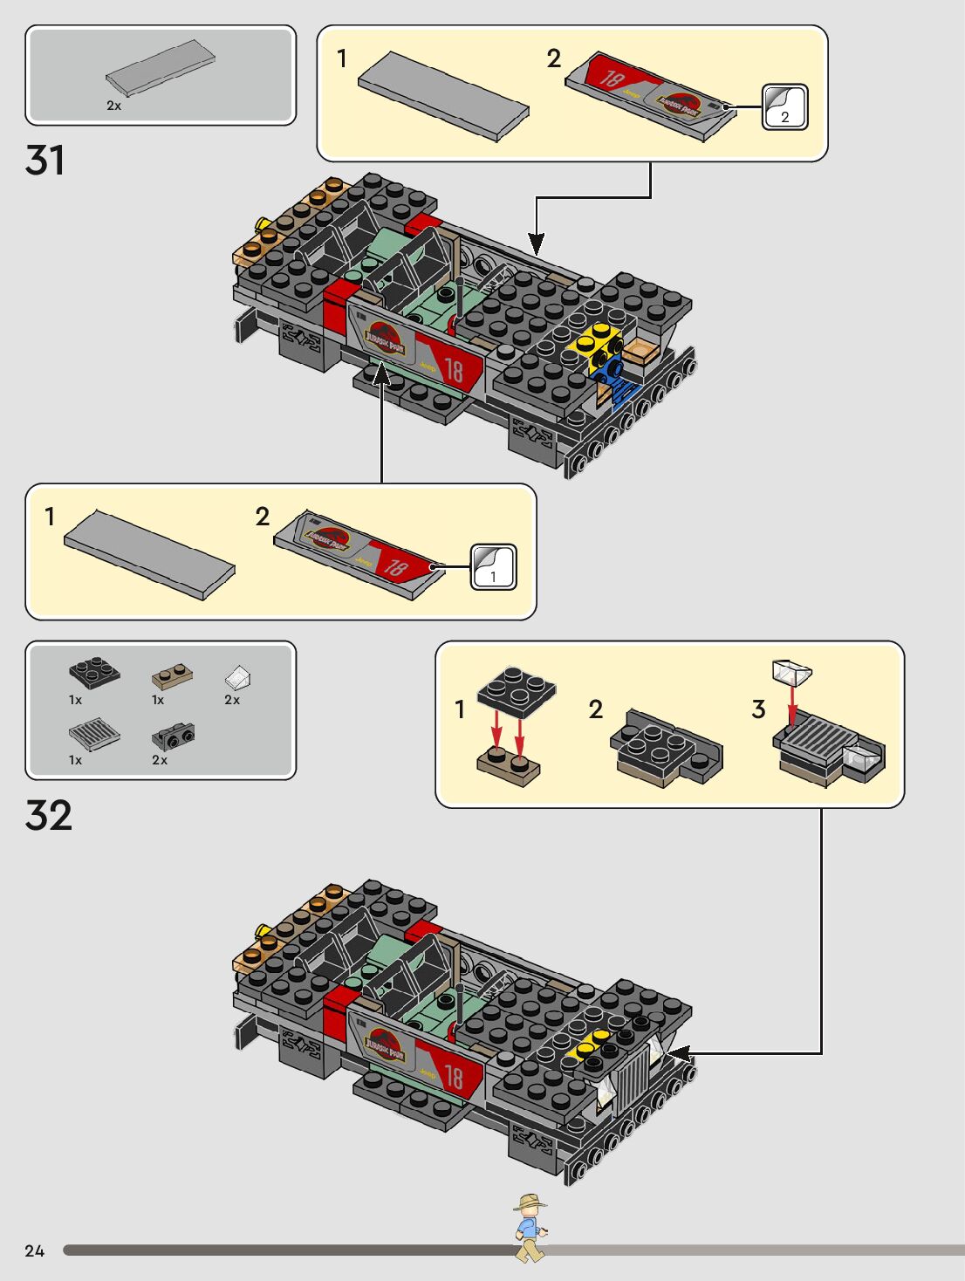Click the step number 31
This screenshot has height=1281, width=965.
point(45,161)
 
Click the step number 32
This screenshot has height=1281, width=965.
point(49,816)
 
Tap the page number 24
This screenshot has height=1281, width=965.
point(34,1250)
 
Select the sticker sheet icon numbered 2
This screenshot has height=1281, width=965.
point(784,107)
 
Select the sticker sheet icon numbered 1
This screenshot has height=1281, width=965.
point(493,567)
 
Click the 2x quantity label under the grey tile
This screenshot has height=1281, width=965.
point(113,106)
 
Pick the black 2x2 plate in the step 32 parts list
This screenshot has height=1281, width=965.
point(94,672)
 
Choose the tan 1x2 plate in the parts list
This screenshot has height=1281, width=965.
point(172,677)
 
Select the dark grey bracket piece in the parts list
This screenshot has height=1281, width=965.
point(173,737)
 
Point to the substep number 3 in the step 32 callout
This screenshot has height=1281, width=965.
point(758,709)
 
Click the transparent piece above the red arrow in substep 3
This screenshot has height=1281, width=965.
point(791,672)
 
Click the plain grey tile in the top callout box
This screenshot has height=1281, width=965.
point(442,94)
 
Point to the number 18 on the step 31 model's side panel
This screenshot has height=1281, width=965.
point(454,370)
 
